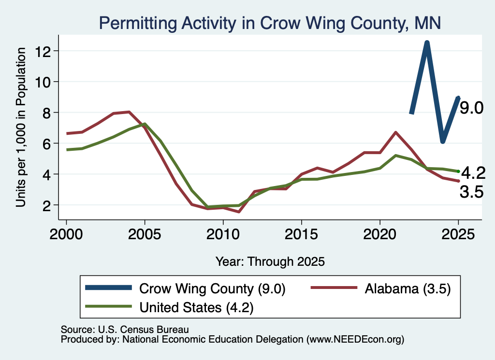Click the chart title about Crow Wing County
point(270,23)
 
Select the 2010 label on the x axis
point(223,234)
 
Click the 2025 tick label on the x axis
point(458,234)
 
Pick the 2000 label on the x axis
point(66,234)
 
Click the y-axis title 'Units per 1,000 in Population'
point(21,127)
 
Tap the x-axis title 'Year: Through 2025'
point(270,262)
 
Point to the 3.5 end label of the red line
point(472,192)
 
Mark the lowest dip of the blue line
point(443,142)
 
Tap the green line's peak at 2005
point(145,124)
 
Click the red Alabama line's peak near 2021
point(395,132)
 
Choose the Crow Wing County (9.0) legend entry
point(185,288)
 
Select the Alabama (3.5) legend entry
point(381,288)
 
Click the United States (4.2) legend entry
point(170,307)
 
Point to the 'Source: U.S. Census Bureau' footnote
point(125,330)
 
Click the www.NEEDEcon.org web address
point(355,340)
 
